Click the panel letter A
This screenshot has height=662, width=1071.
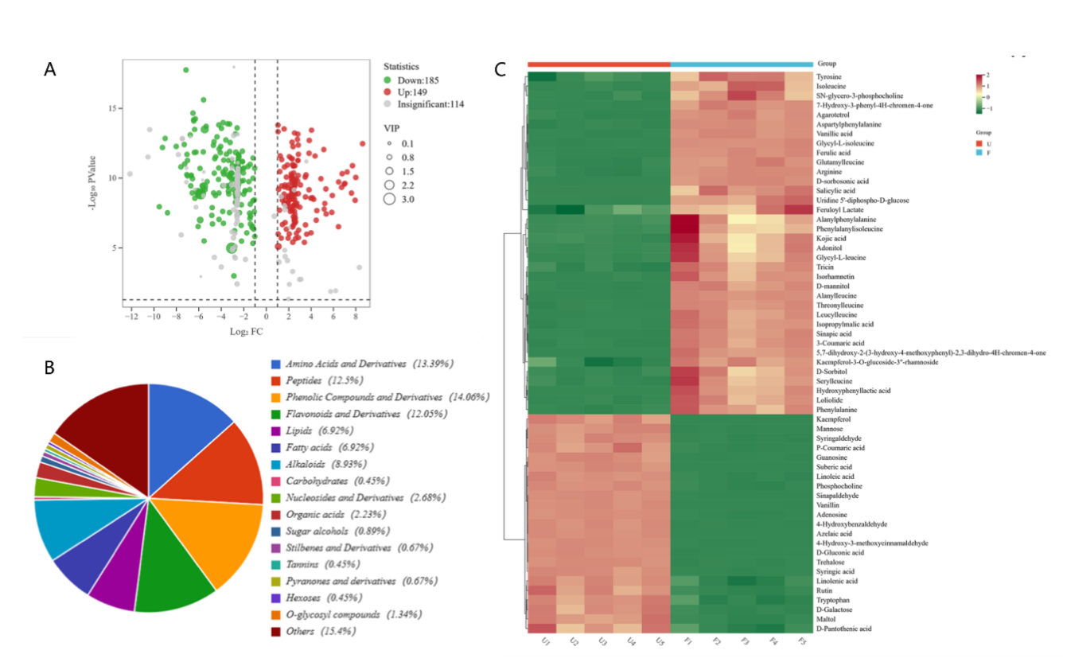50,69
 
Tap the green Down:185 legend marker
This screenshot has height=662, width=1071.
388,80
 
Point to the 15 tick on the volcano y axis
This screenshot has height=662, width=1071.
115,107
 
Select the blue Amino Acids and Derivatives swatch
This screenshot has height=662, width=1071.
275,364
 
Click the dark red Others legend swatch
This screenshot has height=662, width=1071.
275,631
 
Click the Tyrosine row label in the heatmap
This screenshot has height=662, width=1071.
829,77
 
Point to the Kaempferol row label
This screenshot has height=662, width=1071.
833,419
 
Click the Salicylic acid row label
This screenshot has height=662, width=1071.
835,191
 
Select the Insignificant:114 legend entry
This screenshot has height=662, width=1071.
429,104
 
